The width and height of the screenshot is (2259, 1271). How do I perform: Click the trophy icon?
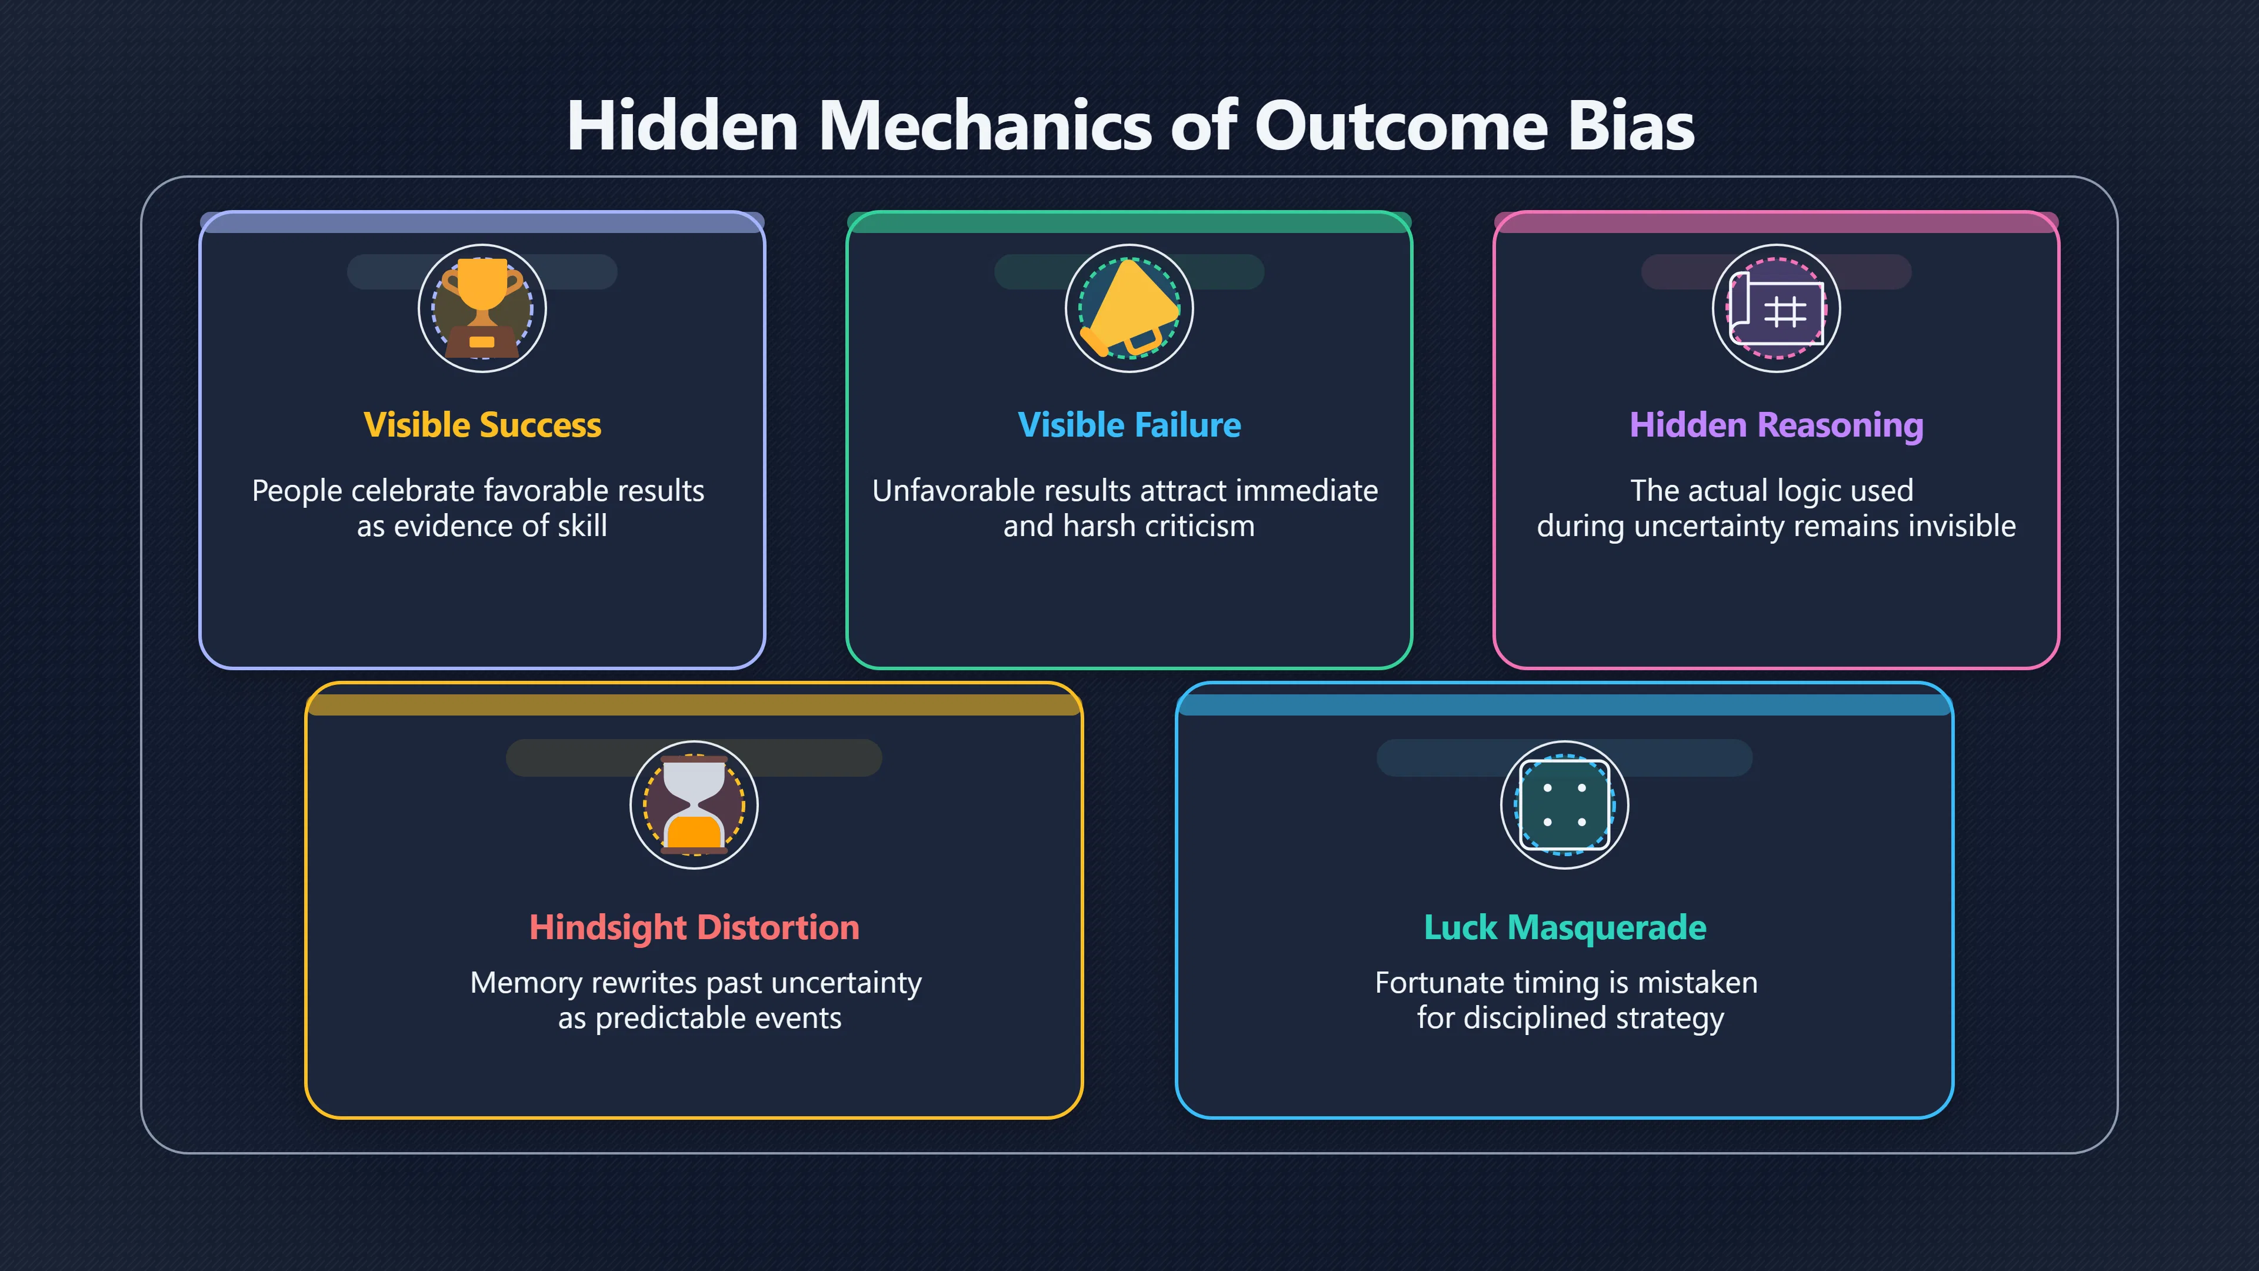(481, 308)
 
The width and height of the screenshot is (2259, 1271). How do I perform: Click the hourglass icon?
(694, 805)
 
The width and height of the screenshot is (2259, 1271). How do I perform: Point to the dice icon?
(1564, 805)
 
